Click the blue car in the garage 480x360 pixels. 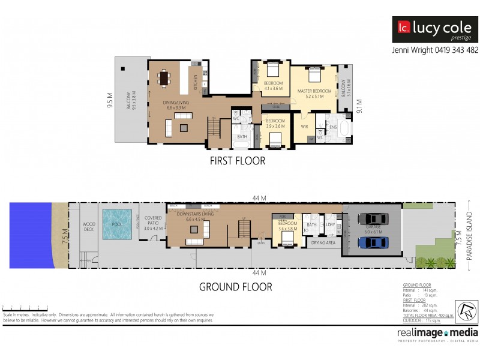(x=372, y=242)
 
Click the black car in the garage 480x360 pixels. (x=372, y=219)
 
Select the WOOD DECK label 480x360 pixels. (x=89, y=227)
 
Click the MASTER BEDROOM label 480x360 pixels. (x=314, y=92)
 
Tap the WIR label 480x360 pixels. (x=304, y=127)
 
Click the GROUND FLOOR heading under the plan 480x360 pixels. (x=235, y=287)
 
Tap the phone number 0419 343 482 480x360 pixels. (x=456, y=50)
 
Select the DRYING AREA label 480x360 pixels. (x=323, y=243)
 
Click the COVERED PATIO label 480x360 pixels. (x=154, y=223)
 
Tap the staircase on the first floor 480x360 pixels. (x=214, y=128)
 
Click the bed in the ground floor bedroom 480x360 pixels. (x=286, y=238)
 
